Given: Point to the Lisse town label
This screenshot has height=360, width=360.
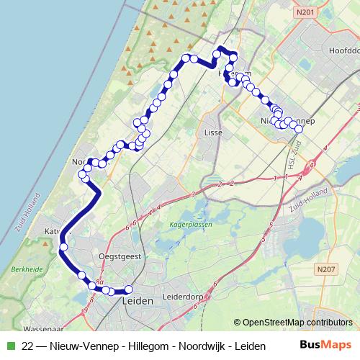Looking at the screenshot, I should click(213, 133).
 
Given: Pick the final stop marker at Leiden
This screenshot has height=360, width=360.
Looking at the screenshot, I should click(130, 290).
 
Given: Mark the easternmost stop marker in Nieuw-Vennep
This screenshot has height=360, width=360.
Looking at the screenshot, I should click(299, 129).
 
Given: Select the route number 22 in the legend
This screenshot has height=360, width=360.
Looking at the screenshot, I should click(27, 346).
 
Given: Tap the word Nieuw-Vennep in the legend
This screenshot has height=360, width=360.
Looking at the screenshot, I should click(83, 346).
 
